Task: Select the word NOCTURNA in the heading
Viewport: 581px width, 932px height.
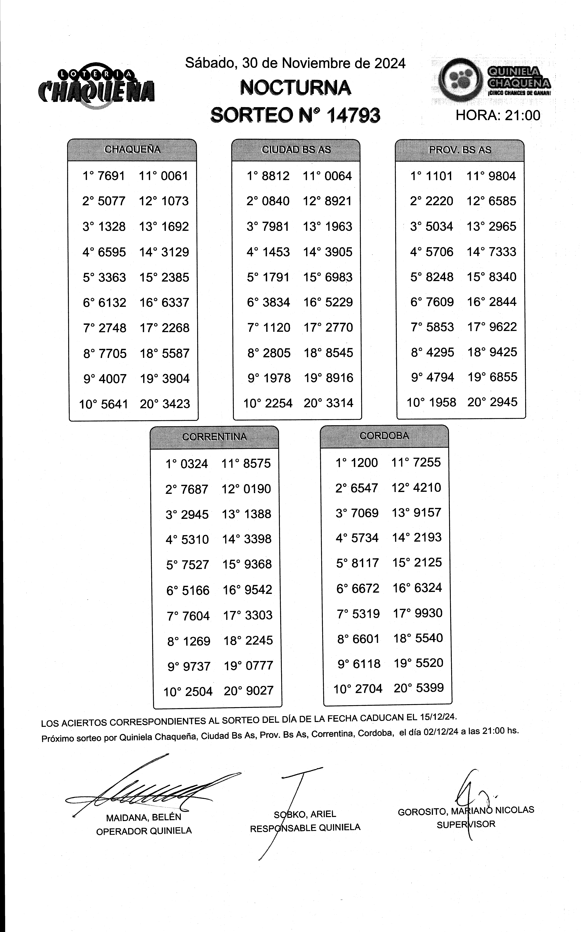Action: click(x=295, y=88)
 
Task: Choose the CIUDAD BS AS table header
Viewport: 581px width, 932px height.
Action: click(x=296, y=149)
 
